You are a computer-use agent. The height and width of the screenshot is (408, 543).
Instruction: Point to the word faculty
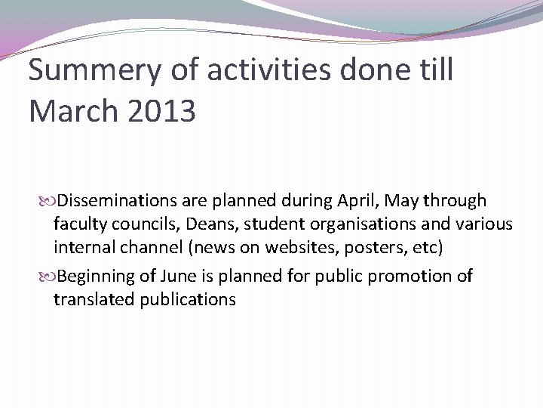78,224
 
